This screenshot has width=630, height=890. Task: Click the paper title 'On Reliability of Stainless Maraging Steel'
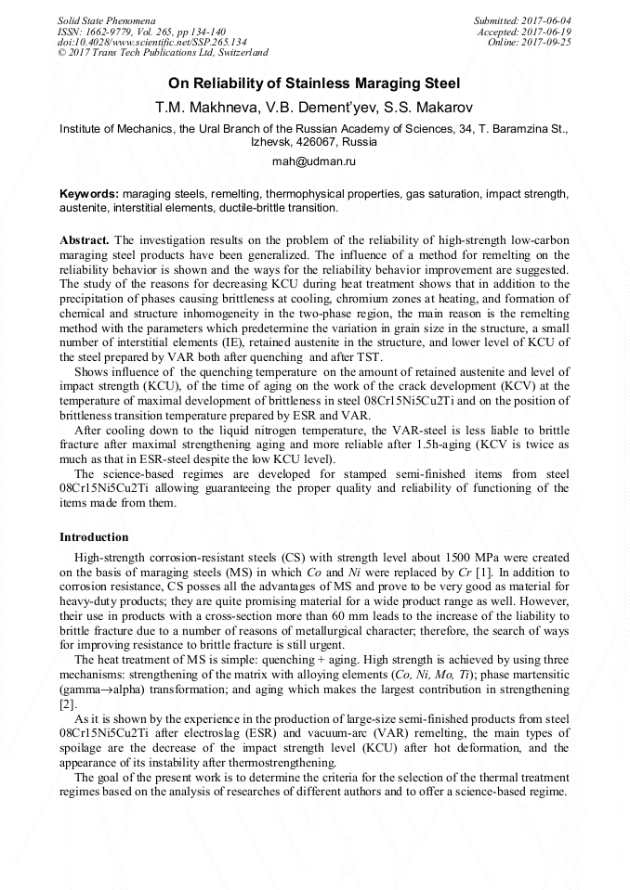click(x=314, y=84)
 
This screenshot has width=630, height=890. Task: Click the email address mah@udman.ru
click(x=314, y=161)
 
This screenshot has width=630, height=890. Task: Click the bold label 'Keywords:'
click(x=89, y=194)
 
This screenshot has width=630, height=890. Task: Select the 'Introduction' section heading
click(x=94, y=536)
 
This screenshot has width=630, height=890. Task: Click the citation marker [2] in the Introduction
click(x=67, y=704)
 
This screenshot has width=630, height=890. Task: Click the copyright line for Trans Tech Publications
click(x=163, y=54)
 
